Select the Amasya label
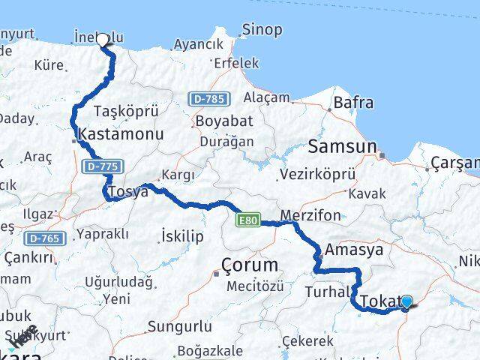[355, 250]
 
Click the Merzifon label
[306, 216]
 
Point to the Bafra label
[353, 102]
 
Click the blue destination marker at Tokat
[406, 302]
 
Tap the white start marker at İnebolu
[103, 40]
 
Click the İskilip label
[183, 236]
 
